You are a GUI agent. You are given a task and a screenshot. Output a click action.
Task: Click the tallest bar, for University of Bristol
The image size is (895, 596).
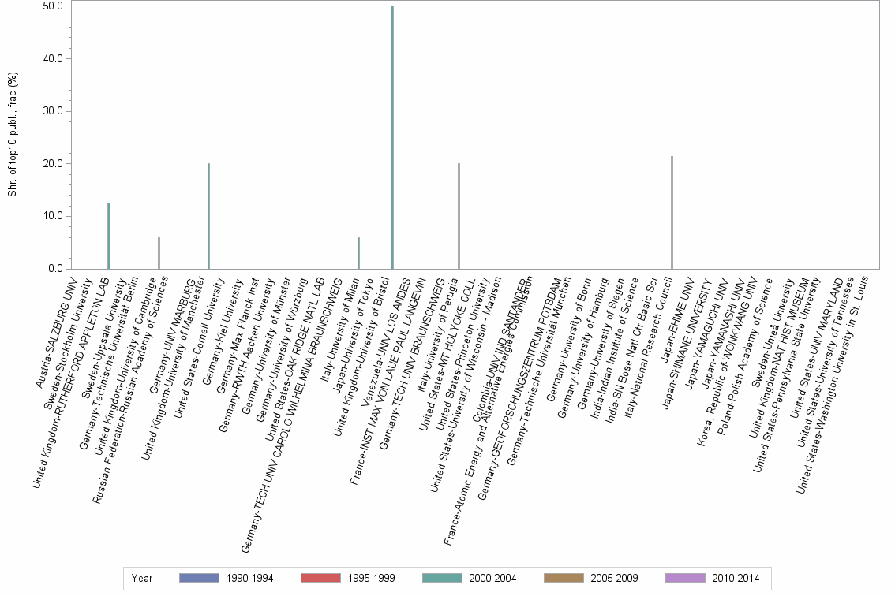[392, 137]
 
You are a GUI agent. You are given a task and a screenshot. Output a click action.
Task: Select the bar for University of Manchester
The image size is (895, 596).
[208, 216]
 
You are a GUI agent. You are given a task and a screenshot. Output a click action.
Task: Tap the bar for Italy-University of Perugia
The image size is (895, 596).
[459, 216]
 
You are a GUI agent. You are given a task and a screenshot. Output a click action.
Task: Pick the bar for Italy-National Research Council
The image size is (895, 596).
[672, 213]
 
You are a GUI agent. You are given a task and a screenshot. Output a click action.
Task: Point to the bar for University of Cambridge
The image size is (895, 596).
[159, 253]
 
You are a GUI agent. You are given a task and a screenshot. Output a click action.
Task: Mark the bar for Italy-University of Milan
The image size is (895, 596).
[358, 253]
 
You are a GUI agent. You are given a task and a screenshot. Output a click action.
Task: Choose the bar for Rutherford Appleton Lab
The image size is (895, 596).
[109, 236]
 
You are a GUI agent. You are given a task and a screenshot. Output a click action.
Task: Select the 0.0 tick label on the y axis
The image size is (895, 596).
[54, 269]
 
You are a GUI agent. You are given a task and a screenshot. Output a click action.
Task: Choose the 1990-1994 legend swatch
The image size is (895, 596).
[199, 578]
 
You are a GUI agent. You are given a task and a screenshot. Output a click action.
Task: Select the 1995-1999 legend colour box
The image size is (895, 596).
[320, 578]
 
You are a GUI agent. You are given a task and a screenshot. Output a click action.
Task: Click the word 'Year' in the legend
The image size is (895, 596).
[142, 578]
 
